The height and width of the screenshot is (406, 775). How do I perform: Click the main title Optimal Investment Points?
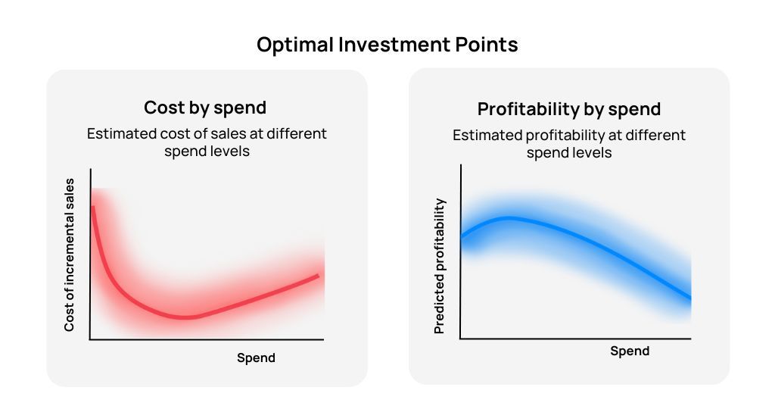click(x=387, y=45)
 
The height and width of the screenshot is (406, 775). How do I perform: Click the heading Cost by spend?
click(x=205, y=108)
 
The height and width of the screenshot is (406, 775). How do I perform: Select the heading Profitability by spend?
click(x=569, y=109)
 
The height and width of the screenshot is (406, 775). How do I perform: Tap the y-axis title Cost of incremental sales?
click(x=69, y=255)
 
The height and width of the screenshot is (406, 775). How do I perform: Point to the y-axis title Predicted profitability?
click(x=440, y=266)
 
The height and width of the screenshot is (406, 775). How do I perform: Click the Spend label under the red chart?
click(x=256, y=358)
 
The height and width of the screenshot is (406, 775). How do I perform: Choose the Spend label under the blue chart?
click(x=630, y=351)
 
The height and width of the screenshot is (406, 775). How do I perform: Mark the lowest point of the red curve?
click(x=185, y=317)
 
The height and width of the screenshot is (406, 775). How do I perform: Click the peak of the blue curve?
click(x=509, y=217)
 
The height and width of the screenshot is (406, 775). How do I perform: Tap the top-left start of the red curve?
click(x=92, y=207)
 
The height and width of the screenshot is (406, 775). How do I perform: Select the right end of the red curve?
click(x=319, y=275)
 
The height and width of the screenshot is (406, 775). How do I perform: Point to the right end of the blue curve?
click(x=690, y=298)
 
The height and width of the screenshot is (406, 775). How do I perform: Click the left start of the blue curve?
click(x=462, y=237)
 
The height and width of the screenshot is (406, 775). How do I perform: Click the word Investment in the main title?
click(x=394, y=45)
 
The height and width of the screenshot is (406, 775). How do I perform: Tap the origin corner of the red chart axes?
click(x=90, y=339)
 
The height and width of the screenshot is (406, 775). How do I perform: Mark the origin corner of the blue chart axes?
click(x=460, y=339)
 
